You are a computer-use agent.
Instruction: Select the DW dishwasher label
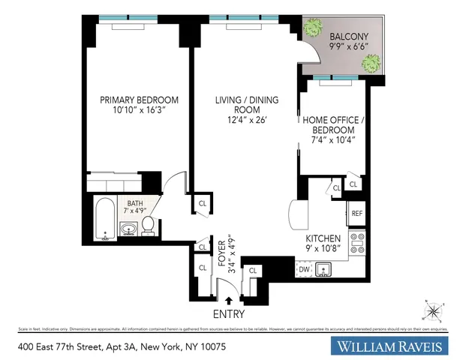pos(304,268)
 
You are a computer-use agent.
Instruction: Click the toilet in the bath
pos(149,224)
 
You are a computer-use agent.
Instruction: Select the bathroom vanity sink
pos(129,228)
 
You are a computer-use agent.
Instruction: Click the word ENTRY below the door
pos(230,313)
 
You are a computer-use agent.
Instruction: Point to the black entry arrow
pos(229,300)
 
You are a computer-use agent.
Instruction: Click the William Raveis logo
pos(390,347)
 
